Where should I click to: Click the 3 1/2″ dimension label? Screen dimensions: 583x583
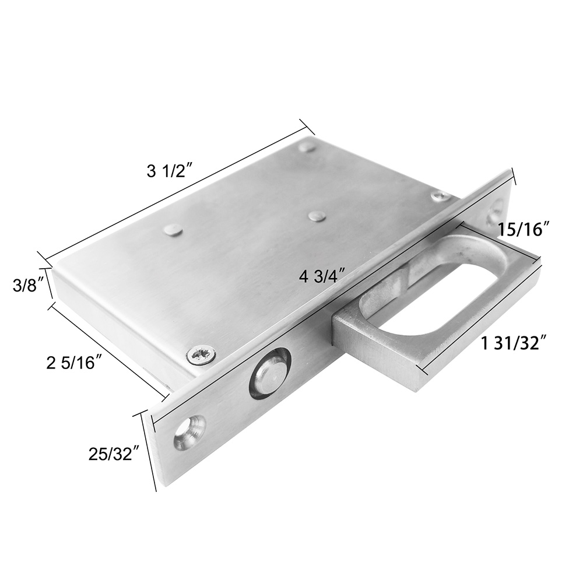point(170,171)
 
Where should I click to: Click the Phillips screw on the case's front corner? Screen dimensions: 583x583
point(201,354)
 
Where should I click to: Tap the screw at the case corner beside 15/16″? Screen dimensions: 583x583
point(441,196)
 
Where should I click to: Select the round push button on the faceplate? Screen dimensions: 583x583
point(269,373)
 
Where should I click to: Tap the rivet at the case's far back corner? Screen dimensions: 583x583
point(307,146)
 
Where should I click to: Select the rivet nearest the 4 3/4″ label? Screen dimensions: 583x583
point(317,216)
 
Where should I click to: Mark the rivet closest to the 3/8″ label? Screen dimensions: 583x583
point(173,230)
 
